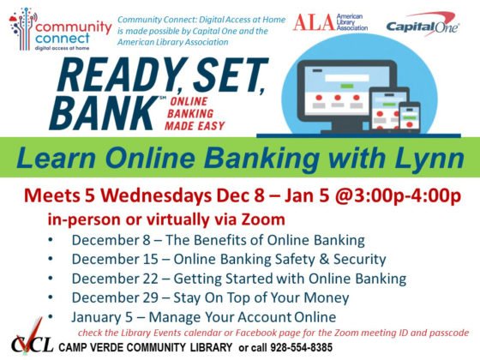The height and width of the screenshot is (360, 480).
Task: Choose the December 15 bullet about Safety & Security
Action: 228,259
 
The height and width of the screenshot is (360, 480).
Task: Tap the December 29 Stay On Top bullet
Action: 210,298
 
